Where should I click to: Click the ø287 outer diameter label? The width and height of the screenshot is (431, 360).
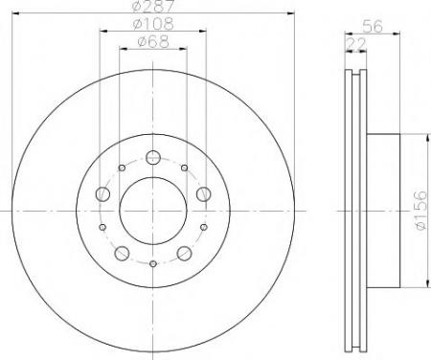[x=153, y=6]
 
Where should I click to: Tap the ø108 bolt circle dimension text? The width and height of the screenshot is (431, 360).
[x=153, y=24]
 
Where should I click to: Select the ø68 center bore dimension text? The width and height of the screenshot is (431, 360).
[x=153, y=41]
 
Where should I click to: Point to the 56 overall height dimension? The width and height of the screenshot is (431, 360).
[x=373, y=26]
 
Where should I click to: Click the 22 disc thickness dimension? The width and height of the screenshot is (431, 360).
[x=356, y=44]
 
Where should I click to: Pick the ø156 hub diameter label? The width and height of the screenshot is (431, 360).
[x=420, y=210]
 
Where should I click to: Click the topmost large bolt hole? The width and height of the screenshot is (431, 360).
[x=153, y=157]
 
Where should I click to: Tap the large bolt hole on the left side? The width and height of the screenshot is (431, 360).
[x=102, y=193]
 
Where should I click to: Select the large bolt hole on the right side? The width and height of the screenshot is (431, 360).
[x=203, y=193]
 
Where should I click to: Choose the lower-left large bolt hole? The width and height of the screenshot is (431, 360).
[x=122, y=254]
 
